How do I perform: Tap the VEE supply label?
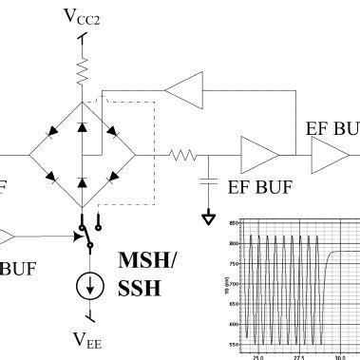[x=86, y=338]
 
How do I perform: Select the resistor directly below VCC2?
[x=85, y=71]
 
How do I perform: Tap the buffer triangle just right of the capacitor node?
[x=258, y=152]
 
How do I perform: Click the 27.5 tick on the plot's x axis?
[x=297, y=356]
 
